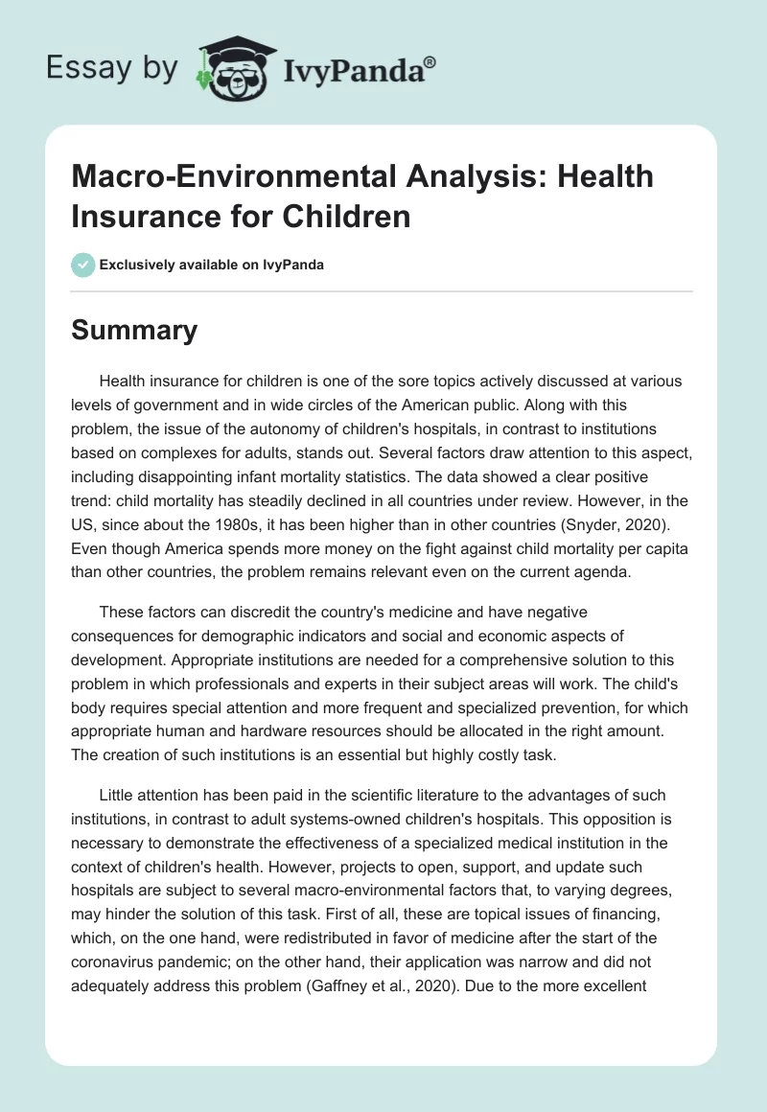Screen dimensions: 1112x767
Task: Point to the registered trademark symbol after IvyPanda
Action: coord(430,61)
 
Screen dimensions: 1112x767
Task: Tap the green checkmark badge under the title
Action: coord(83,265)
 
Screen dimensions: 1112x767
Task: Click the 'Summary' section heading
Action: coord(134,331)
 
